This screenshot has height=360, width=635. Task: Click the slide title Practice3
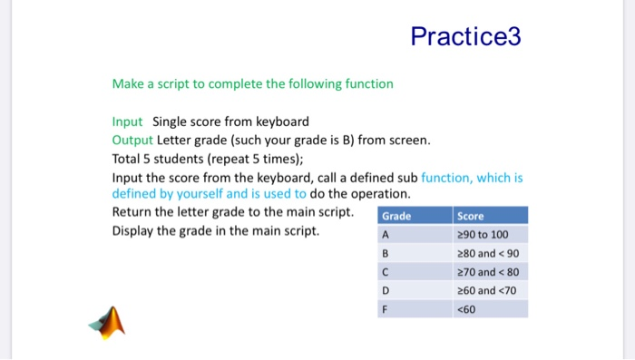point(465,37)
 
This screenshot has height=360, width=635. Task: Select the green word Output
point(132,140)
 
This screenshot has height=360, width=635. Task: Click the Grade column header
point(396,217)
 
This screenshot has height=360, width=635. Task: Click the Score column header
point(472,217)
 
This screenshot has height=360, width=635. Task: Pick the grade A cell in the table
point(386,234)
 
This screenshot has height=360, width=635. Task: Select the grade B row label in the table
point(386,253)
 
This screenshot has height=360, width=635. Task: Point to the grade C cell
point(386,271)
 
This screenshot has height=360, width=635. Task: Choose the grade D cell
point(386,290)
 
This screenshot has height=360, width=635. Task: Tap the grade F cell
point(386,308)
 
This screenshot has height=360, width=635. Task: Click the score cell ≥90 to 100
point(484,234)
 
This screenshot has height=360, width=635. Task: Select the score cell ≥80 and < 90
point(488,253)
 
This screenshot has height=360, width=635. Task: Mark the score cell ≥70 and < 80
point(488,271)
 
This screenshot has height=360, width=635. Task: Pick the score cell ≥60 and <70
point(486,290)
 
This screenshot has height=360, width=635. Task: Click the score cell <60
point(467,308)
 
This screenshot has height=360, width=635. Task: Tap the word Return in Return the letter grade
point(132,212)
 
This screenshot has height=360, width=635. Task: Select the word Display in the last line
point(134,230)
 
